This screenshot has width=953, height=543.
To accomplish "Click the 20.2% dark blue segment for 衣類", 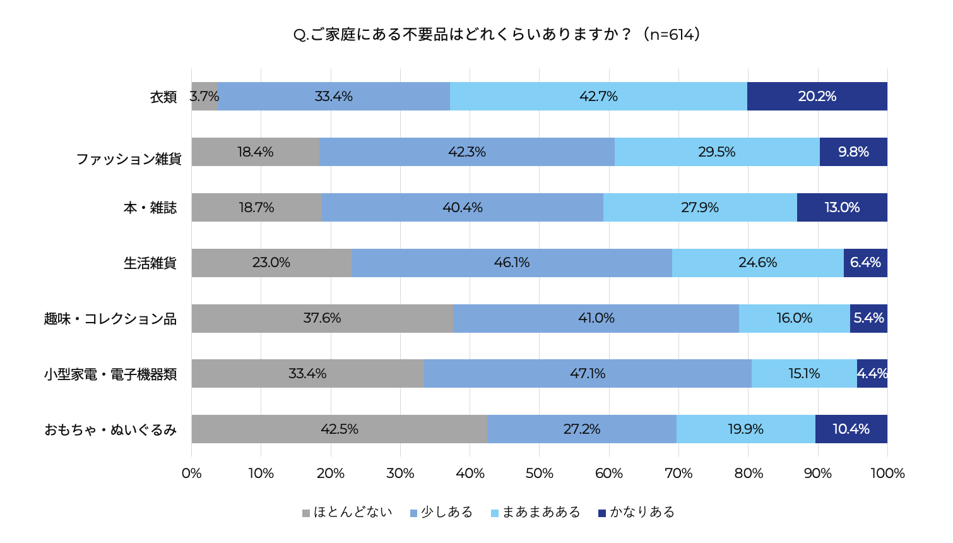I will (817, 97).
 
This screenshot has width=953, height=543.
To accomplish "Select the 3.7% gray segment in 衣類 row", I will (204, 97).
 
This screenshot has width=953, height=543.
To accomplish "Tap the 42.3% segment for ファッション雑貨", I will (466, 152).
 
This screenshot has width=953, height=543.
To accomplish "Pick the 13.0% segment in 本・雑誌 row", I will (842, 208).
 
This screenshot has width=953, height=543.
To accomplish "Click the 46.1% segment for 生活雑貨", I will (511, 263).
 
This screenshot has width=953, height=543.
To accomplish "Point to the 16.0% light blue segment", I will (794, 318).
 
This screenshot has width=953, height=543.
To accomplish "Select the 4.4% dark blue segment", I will (872, 374).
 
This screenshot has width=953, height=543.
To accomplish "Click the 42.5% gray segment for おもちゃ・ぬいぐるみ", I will (339, 429).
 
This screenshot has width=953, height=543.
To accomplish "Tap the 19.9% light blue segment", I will (745, 429).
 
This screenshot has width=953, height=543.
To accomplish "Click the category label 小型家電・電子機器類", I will (110, 374).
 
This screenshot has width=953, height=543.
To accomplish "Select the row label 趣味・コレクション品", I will (110, 319).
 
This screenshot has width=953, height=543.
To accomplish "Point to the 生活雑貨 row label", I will (150, 263).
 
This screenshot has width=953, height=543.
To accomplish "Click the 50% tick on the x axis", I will (539, 474).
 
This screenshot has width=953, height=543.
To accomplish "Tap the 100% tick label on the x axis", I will (887, 474).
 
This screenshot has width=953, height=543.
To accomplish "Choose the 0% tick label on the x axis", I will (191, 474).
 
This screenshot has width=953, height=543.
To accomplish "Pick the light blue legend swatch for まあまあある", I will (495, 513).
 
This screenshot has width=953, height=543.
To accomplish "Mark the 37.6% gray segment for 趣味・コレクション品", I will (322, 318).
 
